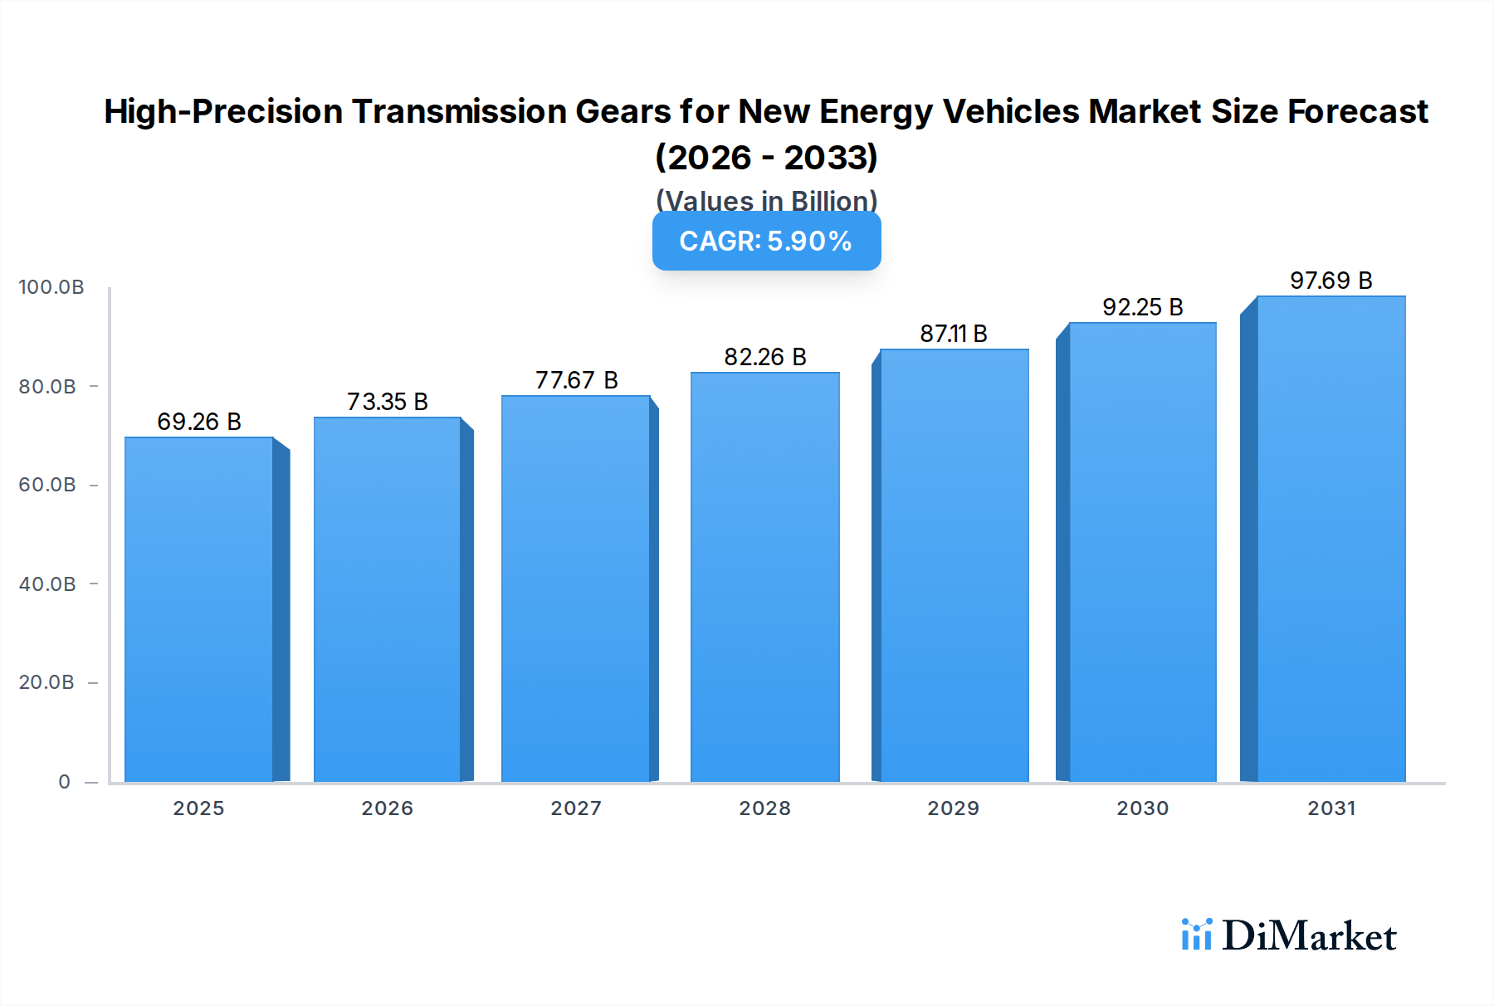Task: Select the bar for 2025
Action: pyautogui.click(x=199, y=610)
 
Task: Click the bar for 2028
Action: pyautogui.click(x=764, y=577)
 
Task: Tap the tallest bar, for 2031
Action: pyautogui.click(x=1330, y=540)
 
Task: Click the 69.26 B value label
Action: pyautogui.click(x=199, y=422)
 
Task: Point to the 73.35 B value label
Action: pyautogui.click(x=388, y=402)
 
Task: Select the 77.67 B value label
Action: pyautogui.click(x=576, y=380)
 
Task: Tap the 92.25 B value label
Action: pyautogui.click(x=1142, y=307)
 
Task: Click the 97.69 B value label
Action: pyautogui.click(x=1330, y=281)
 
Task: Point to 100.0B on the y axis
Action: pyautogui.click(x=51, y=287)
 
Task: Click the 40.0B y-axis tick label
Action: pyautogui.click(x=47, y=584)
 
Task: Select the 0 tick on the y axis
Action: pyautogui.click(x=65, y=782)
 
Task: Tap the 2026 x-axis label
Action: pyautogui.click(x=387, y=808)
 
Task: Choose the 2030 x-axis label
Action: pyautogui.click(x=1142, y=808)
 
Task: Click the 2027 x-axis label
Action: pyautogui.click(x=576, y=808)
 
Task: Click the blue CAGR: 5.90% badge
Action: pyautogui.click(x=766, y=242)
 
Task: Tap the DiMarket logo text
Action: pyautogui.click(x=1308, y=936)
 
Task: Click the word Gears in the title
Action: pyautogui.click(x=622, y=111)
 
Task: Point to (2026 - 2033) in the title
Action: pyautogui.click(x=766, y=157)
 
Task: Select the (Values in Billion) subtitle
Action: pyautogui.click(x=766, y=200)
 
